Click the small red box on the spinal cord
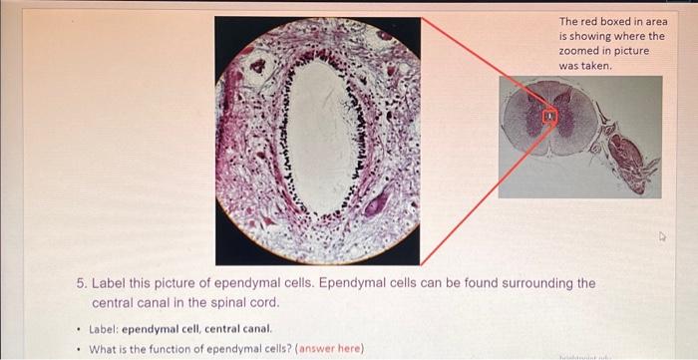tap(547, 117)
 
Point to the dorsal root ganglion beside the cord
tap(632, 160)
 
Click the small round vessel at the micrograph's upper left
tap(260, 67)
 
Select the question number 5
tap(83, 283)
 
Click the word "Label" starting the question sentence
tap(114, 283)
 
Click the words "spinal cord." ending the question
tap(245, 301)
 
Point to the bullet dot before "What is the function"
tap(78, 348)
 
